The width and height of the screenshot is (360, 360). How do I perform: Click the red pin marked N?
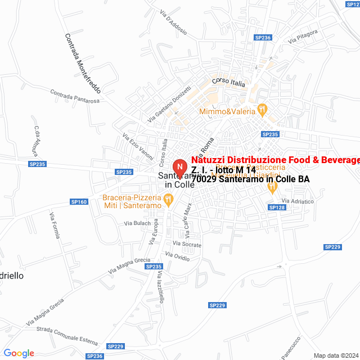(x=179, y=168)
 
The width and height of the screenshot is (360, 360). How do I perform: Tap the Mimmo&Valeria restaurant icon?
(x=262, y=108)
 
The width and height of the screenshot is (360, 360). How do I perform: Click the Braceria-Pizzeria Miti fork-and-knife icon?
(x=168, y=199)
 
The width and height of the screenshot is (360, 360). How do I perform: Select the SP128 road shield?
(x=277, y=208)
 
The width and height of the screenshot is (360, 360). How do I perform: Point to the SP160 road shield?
(x=79, y=201)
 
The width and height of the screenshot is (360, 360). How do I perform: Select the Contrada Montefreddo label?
(x=82, y=63)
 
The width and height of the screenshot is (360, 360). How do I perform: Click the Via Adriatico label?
(x=298, y=201)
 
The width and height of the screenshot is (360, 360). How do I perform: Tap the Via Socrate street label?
(x=187, y=244)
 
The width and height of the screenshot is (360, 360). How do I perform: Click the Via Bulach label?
(x=138, y=223)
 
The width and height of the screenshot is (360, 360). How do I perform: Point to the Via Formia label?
(x=55, y=226)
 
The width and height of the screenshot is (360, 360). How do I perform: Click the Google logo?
(x=19, y=353)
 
